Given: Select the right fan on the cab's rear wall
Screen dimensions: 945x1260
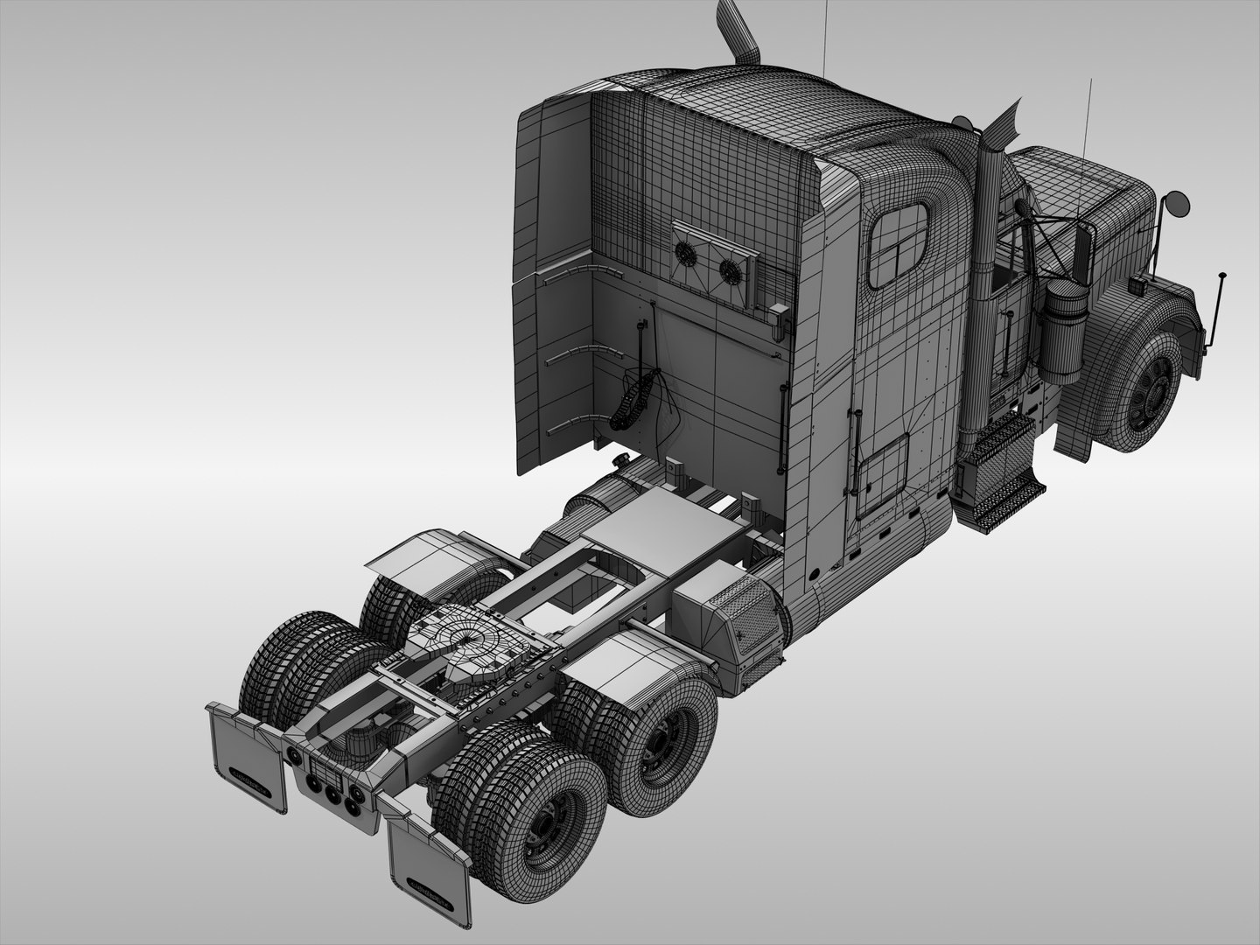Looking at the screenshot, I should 729,270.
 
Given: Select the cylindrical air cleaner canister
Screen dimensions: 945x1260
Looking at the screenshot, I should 1067,332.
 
